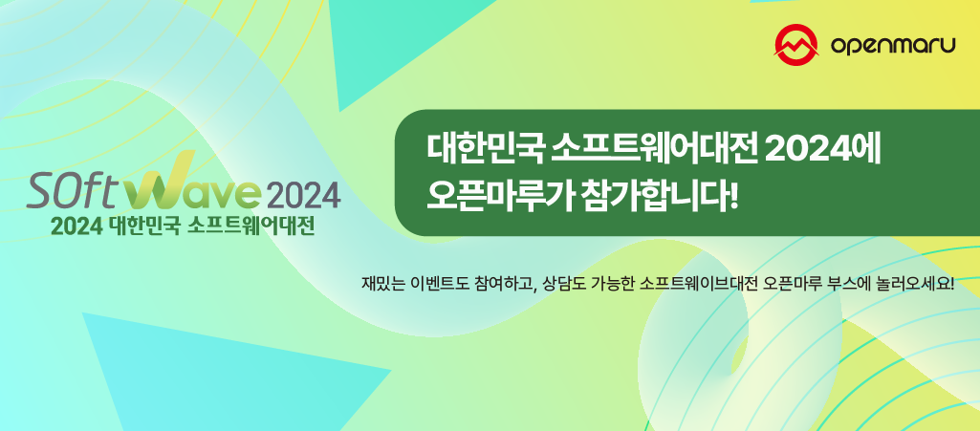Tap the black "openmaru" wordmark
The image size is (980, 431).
coord(893,45)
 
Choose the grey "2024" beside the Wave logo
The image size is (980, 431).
coord(303,194)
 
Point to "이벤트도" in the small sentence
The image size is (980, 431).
coord(438,285)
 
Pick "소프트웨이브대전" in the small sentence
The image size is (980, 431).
coord(692,285)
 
